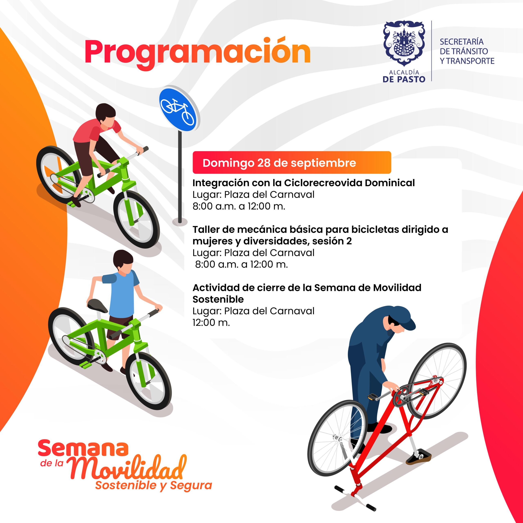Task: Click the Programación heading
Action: click(x=198, y=53)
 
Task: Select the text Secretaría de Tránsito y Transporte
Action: click(x=467, y=51)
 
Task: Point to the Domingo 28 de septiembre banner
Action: click(x=292, y=162)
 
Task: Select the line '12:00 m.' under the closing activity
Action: click(x=211, y=322)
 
